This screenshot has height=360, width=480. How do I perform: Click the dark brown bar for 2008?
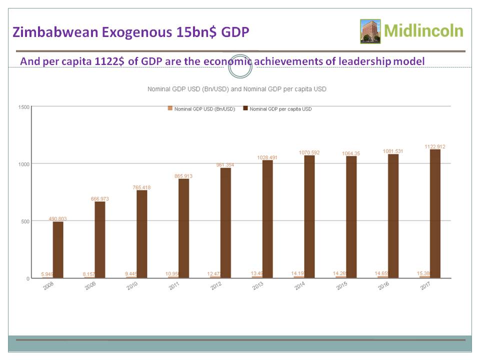pos(58,249)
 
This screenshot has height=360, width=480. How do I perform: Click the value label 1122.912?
pos(435,146)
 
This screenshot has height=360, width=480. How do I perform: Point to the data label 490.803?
pos(58,218)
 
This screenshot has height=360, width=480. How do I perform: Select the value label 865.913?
pos(183,176)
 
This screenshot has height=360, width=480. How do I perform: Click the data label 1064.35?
pos(351,153)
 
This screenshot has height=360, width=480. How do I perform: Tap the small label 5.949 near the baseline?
pos(47,274)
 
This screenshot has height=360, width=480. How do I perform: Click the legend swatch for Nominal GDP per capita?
pos(245,108)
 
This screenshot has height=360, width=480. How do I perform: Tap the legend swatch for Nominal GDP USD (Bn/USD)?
pos(170,108)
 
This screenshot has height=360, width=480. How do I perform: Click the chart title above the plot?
pos(236,89)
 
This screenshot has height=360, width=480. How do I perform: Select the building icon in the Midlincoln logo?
pos(370,31)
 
